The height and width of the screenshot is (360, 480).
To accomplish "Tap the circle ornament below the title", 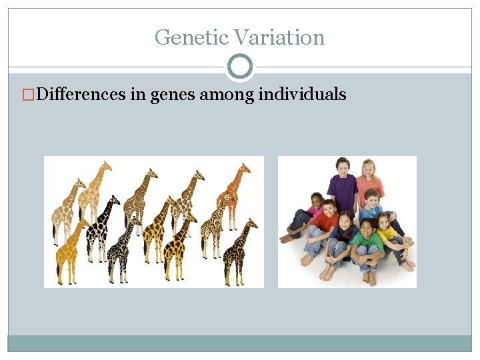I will pyautogui.click(x=240, y=67).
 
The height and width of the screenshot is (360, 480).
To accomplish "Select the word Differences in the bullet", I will pyautogui.click(x=81, y=94).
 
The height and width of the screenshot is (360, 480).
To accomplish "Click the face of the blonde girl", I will pyautogui.click(x=368, y=170).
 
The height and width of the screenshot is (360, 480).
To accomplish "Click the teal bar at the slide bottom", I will pyautogui.click(x=240, y=343).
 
